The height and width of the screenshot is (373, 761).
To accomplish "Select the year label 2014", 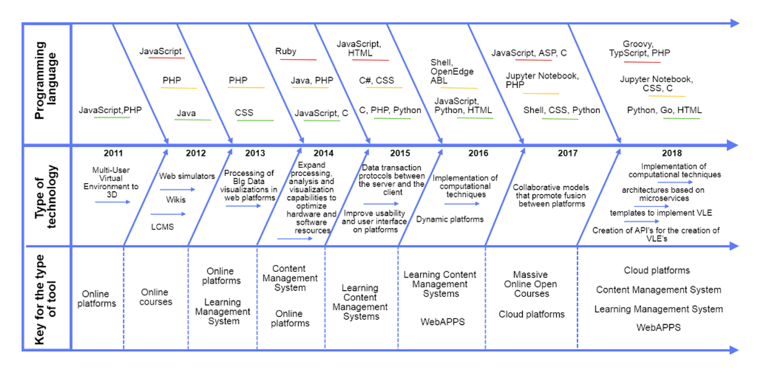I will coord(323,153).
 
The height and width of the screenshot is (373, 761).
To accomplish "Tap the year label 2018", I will coord(672,153).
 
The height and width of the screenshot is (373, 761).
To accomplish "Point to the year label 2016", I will coord(478,153).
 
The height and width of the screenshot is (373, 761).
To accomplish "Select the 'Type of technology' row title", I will coord(46,195).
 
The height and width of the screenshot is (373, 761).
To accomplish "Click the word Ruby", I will coord(286,51).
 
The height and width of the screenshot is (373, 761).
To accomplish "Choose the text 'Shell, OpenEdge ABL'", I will coord(452,72).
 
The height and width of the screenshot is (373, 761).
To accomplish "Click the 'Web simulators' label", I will coord(187,176).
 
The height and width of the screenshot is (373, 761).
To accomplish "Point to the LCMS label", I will coord(162,226).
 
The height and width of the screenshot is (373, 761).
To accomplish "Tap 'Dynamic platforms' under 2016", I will coord(450,219).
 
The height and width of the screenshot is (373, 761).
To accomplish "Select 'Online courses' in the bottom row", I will coord(155,297).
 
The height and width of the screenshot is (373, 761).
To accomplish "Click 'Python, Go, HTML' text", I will coord(664,110).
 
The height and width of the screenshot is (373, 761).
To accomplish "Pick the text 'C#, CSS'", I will coord(376,80).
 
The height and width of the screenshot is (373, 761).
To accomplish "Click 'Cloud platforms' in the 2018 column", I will coord(657,271).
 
